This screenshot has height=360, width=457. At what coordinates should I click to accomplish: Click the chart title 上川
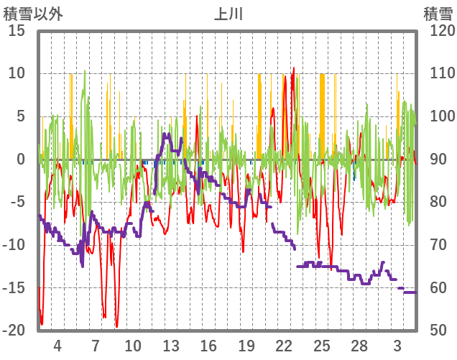coord(228,14)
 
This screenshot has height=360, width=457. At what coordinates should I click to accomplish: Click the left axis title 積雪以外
coord(33,14)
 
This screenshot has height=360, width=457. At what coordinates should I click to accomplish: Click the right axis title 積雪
coord(437,14)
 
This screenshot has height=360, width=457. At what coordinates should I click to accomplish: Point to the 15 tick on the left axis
coord(17,31)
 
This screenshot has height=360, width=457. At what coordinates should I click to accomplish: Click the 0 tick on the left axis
coord(21,160)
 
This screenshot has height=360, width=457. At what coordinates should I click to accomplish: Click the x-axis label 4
coord(57,345)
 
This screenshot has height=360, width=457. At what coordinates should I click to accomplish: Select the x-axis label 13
coord(171,345)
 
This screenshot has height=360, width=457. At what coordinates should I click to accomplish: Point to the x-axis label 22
coord(284,345)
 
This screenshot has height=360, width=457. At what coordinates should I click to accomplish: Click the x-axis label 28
coord(359,345)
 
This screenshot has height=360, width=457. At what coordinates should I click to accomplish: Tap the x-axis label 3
coord(397,345)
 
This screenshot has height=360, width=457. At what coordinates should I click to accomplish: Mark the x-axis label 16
coord(208,345)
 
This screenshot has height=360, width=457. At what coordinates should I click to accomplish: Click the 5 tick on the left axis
coord(21,116)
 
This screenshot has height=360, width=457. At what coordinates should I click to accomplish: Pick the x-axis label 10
coord(133,345)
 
